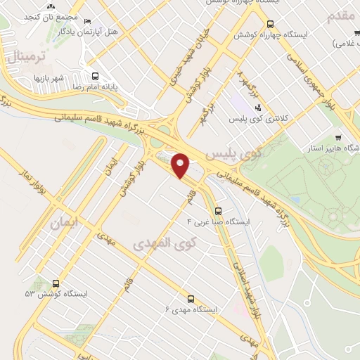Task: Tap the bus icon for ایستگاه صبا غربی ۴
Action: [217, 210]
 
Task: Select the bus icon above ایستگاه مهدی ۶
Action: [191, 298]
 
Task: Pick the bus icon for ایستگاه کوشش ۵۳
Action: [56, 283]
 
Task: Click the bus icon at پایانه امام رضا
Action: [96, 76]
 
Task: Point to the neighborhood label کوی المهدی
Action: [166, 244]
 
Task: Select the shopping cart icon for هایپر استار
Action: [338, 138]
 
